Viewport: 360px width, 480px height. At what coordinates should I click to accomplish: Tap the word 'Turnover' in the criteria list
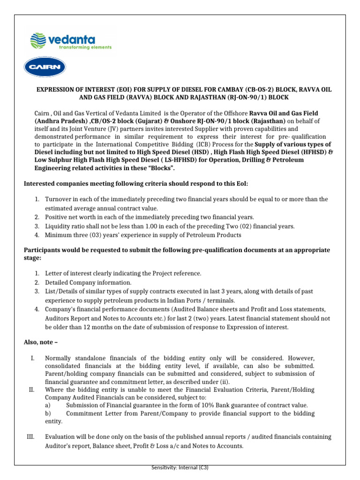[x=57, y=200]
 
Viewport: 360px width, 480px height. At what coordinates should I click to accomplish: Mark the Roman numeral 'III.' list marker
[x=31, y=437]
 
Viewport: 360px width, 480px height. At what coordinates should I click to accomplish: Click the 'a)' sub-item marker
[x=48, y=405]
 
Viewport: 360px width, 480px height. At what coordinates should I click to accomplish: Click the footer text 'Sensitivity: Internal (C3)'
[x=180, y=468]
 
